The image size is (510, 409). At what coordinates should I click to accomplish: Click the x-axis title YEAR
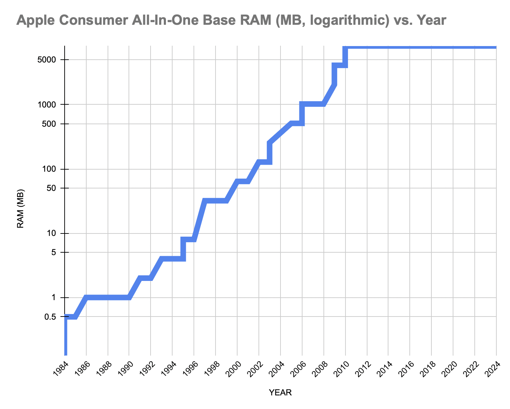[x=280, y=393]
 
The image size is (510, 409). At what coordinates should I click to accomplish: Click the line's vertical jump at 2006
[x=302, y=114]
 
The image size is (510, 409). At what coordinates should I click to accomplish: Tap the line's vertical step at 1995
[x=183, y=249]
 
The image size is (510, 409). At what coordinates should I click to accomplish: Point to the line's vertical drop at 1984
[x=65, y=335]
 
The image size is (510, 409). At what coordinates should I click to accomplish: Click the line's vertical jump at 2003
[x=270, y=153]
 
